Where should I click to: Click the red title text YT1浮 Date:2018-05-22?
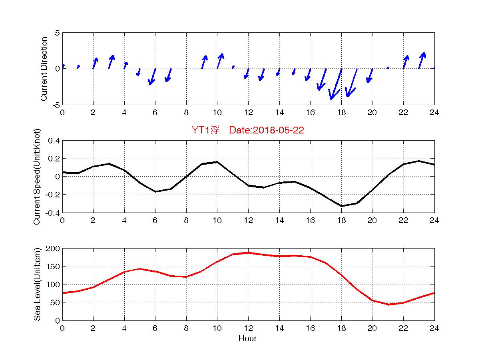(248, 131)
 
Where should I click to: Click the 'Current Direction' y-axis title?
(44, 69)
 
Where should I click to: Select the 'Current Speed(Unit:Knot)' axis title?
(37, 177)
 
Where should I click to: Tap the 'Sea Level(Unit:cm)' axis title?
(37, 284)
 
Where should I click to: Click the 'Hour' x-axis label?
(247, 339)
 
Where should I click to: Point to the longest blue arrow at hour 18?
(336, 84)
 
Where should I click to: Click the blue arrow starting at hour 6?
(152, 77)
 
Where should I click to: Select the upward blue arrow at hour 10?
(220, 61)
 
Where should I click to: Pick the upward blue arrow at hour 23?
(422, 60)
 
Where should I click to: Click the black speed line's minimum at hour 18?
(341, 206)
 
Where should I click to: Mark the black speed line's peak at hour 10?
(217, 162)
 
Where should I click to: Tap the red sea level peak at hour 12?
(248, 253)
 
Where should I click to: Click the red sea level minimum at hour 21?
(388, 304)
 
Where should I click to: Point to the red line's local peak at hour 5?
(139, 269)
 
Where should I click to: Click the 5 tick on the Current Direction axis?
(57, 33)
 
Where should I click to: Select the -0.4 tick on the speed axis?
(53, 213)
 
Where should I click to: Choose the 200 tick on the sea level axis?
(54, 249)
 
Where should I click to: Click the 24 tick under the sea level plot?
(434, 328)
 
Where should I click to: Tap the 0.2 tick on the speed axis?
(54, 159)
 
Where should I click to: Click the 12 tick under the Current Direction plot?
(248, 113)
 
